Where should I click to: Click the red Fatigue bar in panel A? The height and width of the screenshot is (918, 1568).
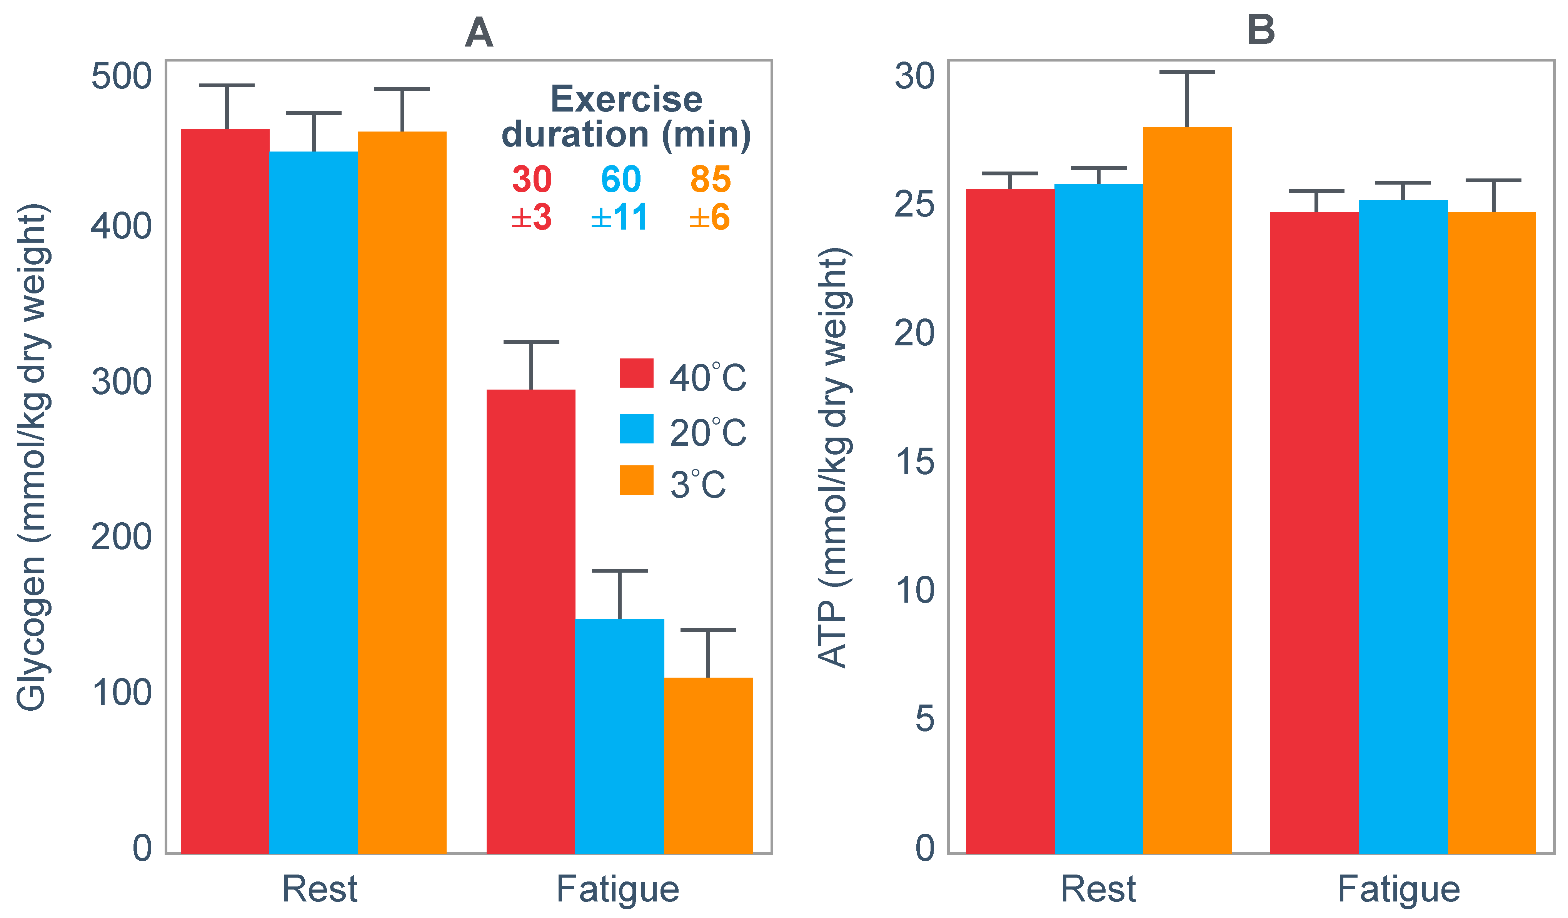click(531, 621)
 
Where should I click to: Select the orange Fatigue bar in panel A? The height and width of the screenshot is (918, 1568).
click(708, 766)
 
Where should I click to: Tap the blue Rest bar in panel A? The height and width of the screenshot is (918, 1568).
click(314, 503)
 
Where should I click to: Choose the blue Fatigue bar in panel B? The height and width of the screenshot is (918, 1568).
click(1403, 527)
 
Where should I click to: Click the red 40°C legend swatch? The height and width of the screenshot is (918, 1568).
click(637, 373)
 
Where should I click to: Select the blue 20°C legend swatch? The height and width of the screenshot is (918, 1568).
click(637, 428)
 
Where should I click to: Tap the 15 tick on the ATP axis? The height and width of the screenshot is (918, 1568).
click(915, 462)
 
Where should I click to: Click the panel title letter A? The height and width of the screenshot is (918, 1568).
click(479, 32)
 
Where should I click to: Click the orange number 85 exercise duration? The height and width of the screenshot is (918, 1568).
click(710, 179)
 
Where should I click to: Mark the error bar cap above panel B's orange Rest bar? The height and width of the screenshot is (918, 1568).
click(1187, 72)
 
